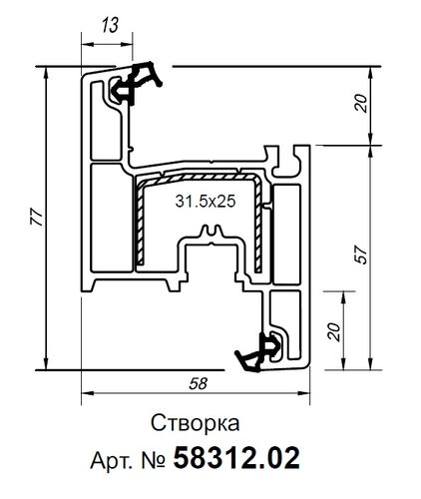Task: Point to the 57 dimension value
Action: pos(360,255)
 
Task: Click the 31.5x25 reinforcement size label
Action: pos(205,201)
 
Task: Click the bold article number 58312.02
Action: pos(235,458)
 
